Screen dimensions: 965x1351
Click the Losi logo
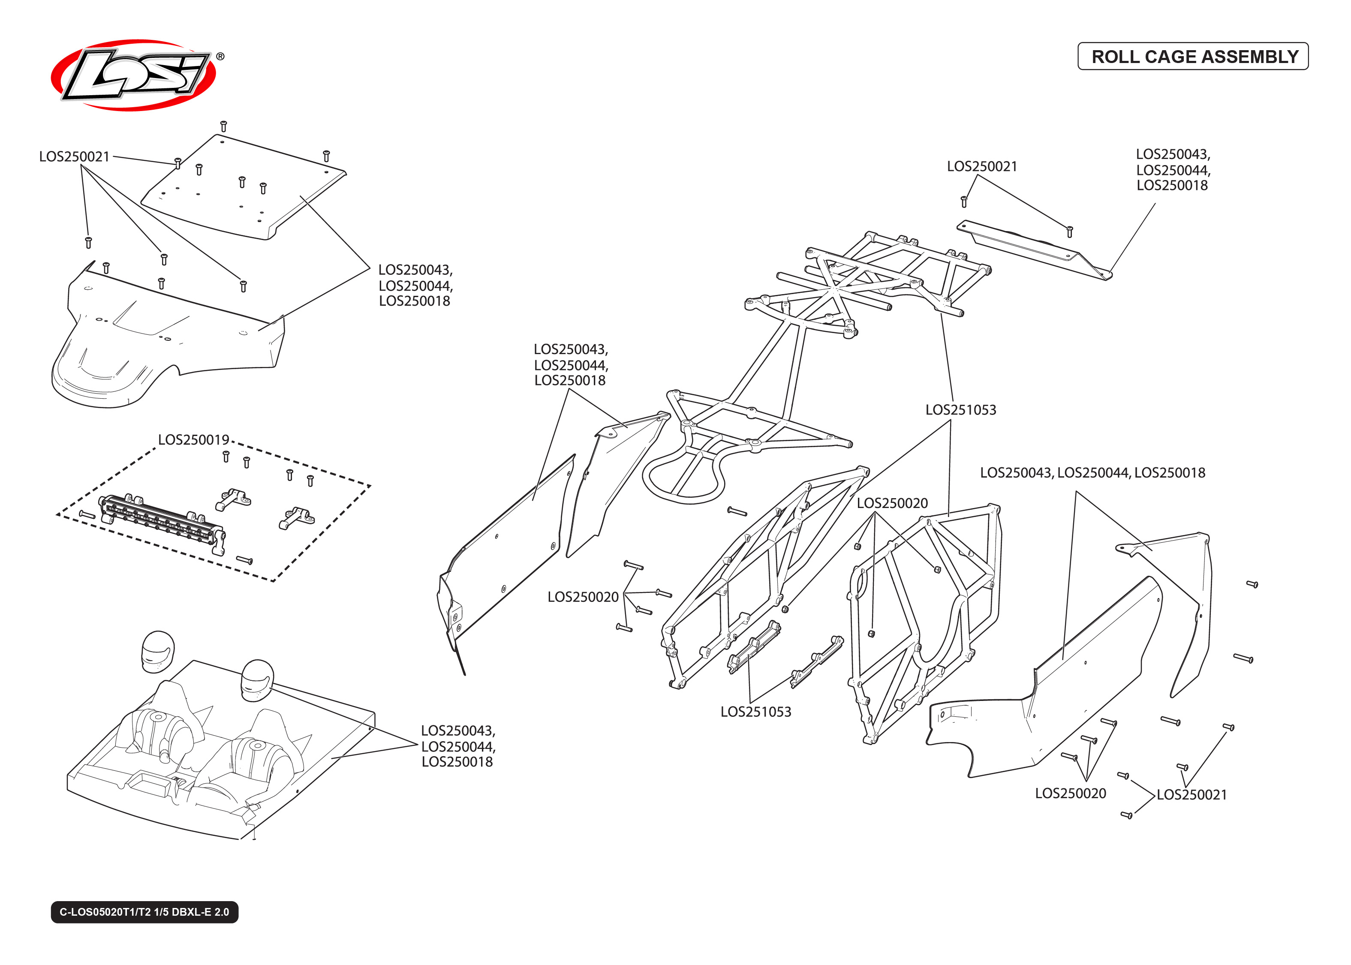click(x=134, y=75)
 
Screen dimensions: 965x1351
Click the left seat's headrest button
click(x=158, y=717)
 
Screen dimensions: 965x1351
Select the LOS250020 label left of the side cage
click(x=583, y=597)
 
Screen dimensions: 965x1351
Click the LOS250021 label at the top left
click(x=74, y=156)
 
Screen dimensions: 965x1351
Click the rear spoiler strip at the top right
click(x=1034, y=249)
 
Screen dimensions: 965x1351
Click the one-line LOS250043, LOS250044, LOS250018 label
click(x=1092, y=472)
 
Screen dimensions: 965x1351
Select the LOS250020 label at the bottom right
click(x=1070, y=793)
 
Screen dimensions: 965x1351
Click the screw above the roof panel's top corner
click(x=223, y=126)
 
